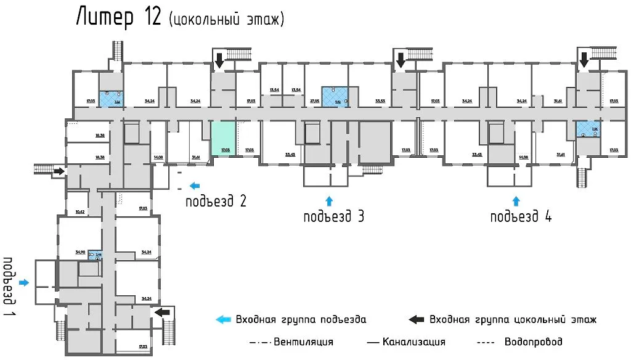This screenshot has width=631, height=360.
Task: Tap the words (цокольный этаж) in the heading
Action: click(x=226, y=19)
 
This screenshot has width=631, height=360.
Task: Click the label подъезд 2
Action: click(x=217, y=200)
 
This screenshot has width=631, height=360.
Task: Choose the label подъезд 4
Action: click(x=521, y=216)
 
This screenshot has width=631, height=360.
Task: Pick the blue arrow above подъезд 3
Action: click(x=329, y=200)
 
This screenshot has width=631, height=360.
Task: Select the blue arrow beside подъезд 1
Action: click(x=24, y=282)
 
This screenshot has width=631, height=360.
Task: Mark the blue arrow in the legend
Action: click(x=222, y=319)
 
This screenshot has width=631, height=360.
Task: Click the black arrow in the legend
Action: click(x=417, y=319)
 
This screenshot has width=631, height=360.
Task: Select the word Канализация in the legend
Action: click(x=413, y=342)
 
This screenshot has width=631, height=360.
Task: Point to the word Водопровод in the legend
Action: click(x=533, y=342)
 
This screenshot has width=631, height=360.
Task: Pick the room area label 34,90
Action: click(x=79, y=252)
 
